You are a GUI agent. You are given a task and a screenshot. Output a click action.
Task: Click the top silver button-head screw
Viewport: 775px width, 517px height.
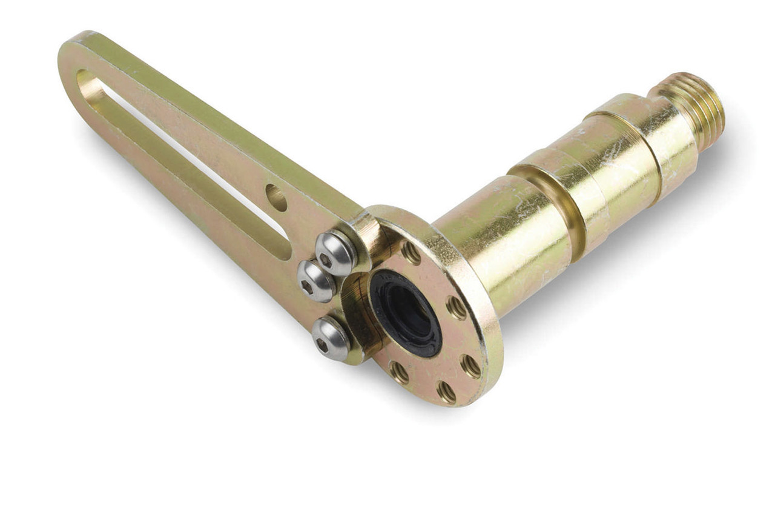click(335, 253)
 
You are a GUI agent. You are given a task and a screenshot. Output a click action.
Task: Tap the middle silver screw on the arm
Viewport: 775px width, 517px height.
click(316, 281)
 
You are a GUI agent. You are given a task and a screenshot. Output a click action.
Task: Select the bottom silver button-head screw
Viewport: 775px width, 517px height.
click(331, 338)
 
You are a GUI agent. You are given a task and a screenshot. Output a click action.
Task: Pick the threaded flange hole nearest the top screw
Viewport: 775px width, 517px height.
click(411, 253)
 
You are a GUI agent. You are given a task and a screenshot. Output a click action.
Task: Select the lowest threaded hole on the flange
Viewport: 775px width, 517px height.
click(446, 392)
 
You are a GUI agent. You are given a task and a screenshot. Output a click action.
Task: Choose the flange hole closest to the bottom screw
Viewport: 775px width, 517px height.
click(399, 371)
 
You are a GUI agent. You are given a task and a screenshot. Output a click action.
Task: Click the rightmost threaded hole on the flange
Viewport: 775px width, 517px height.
click(470, 366)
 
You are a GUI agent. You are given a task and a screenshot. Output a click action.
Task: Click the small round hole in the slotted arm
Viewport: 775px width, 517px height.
click(276, 198)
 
